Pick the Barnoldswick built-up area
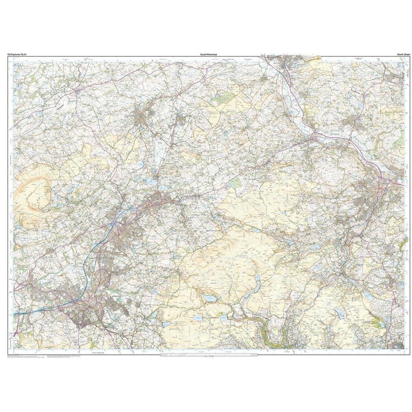tap(144, 115)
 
